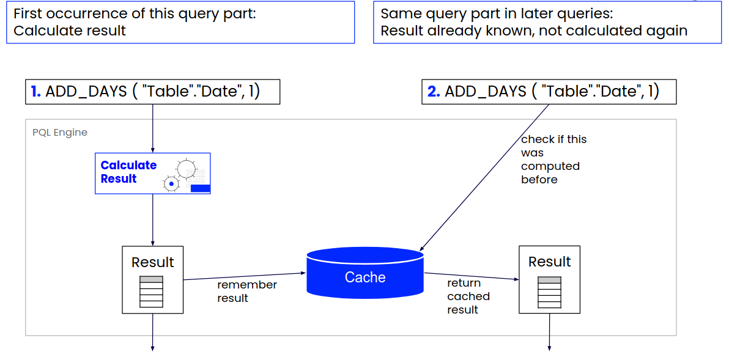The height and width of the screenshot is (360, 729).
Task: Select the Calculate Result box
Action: coord(152,173)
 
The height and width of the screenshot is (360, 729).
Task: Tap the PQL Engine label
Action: coord(60,132)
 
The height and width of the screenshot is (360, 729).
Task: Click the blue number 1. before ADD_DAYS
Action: coord(36,92)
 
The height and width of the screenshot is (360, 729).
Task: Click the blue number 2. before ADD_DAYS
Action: coord(434,92)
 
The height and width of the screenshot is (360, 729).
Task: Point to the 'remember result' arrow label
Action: coord(246,292)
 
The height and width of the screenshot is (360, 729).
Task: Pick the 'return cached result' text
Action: coord(468,296)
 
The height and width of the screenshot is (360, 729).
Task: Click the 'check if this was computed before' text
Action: coord(553,159)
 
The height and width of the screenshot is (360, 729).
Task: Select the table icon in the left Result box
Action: coord(152,292)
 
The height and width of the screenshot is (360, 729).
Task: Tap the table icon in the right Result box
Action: coord(549,292)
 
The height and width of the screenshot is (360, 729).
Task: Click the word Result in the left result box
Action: coord(153,262)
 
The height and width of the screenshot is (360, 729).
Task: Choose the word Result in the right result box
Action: coord(549,262)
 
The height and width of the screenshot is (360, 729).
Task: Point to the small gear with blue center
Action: coord(172,183)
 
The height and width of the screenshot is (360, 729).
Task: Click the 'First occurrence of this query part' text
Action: coord(135,13)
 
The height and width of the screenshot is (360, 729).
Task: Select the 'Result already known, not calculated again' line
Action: coord(534,31)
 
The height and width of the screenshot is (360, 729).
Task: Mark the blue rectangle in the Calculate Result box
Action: coord(200,188)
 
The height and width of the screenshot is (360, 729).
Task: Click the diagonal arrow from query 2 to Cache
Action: coord(483,177)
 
